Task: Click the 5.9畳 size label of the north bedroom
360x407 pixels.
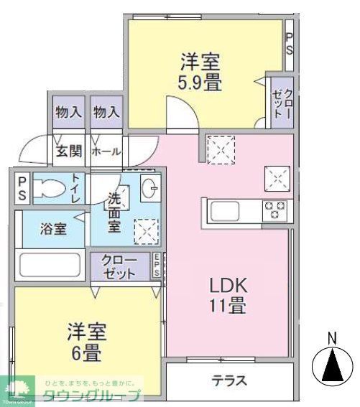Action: coord(200,83)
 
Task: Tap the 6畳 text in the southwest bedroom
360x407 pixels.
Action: coord(86,353)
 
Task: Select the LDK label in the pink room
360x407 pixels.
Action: coord(228,286)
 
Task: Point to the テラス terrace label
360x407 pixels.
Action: coord(229,380)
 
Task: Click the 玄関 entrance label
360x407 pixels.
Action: coord(69,151)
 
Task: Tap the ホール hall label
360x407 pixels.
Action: coord(106,151)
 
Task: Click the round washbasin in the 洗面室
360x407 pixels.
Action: coord(149,190)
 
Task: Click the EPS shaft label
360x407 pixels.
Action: coord(156,268)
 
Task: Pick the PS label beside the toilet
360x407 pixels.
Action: coord(22,188)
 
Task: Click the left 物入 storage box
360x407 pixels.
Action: coord(69,113)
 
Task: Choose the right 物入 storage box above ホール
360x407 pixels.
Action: coord(106,113)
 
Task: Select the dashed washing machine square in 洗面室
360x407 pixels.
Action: coord(147,232)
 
